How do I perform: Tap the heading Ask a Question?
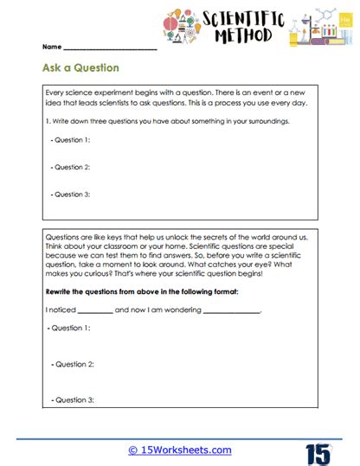[80, 67]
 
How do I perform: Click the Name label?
[51, 47]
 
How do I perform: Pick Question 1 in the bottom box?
[71, 329]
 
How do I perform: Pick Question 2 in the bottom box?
[71, 365]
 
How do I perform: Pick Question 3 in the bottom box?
[71, 400]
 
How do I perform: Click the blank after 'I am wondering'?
[231, 310]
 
